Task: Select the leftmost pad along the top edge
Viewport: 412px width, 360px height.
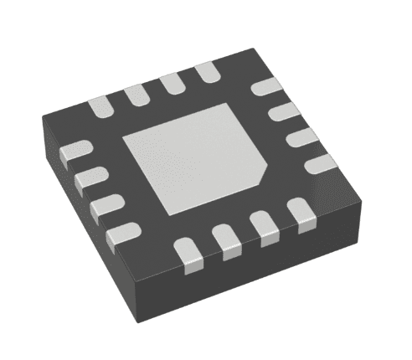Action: click(x=100, y=105)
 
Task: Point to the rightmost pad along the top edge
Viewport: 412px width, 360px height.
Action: click(x=206, y=73)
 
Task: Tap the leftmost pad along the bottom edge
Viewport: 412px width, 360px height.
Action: click(x=188, y=255)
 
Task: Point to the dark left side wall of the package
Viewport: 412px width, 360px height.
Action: click(x=100, y=251)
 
